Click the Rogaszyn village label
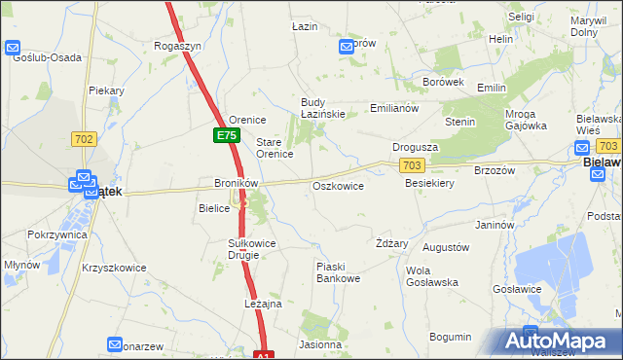[177, 46]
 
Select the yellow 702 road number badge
[83, 139]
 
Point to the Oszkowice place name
[338, 186]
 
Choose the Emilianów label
[394, 108]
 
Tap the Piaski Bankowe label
[339, 272]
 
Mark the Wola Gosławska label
[431, 276]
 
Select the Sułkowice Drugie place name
[251, 248]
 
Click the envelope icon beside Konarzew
[115, 345]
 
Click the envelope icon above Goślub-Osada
[14, 47]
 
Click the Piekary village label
[107, 90]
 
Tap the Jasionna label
[321, 344]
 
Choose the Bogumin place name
[450, 337]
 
